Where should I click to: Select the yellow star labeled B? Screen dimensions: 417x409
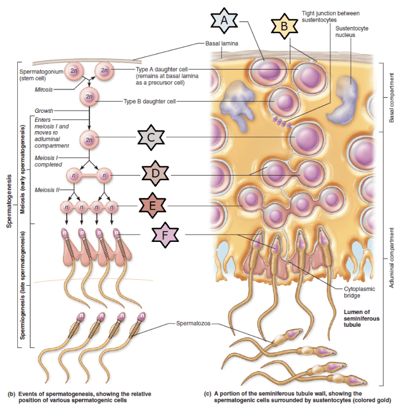284,26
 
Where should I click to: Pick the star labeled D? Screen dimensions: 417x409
156,174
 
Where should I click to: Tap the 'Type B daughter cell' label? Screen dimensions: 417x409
151,101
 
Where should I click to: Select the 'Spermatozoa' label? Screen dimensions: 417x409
193,323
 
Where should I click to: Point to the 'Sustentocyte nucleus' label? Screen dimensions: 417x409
351,31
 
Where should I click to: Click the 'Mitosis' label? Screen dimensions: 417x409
43,88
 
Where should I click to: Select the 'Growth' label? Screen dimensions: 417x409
44,111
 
